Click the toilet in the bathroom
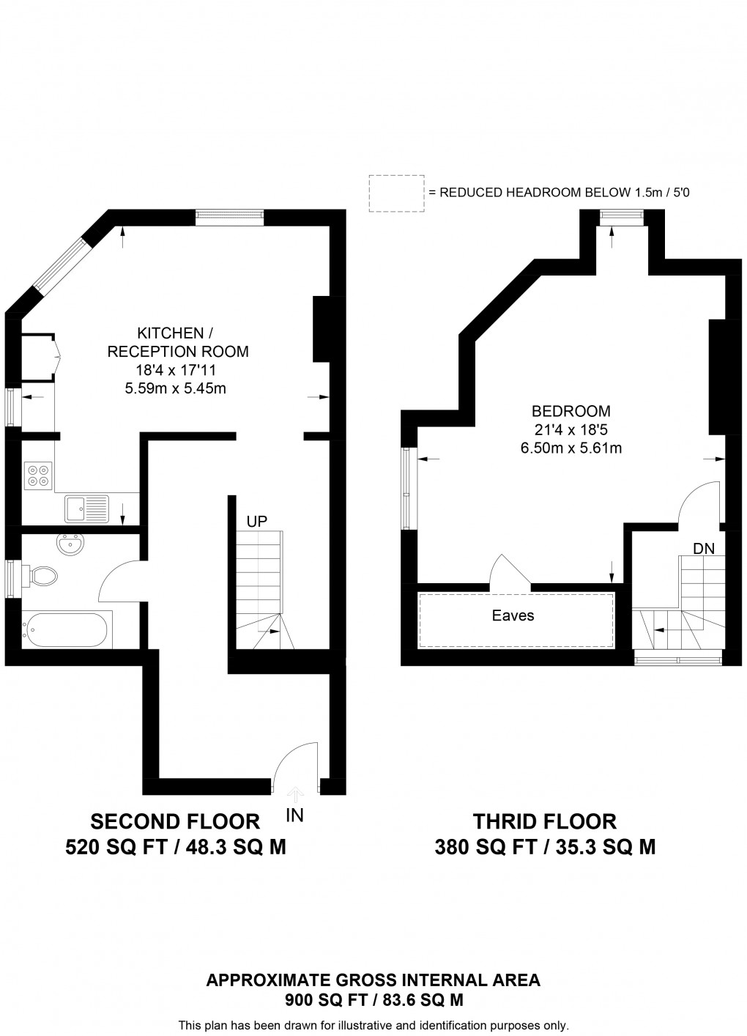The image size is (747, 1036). click(x=42, y=576)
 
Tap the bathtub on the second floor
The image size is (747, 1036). click(x=67, y=629)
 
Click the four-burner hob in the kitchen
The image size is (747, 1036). click(x=38, y=475)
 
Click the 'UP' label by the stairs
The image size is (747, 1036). click(x=256, y=522)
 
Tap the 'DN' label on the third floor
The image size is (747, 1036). click(x=704, y=548)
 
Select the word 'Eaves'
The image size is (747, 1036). click(x=513, y=615)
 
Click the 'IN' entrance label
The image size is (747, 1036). click(x=294, y=815)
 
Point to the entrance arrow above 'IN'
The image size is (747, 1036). click(x=295, y=794)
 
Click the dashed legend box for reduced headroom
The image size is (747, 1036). click(x=396, y=193)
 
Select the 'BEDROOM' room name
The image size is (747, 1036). click(x=571, y=411)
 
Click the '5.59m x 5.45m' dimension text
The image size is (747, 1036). click(x=176, y=389)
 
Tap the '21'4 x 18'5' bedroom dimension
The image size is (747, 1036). click(x=571, y=429)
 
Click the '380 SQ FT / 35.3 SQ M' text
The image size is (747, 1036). click(x=545, y=848)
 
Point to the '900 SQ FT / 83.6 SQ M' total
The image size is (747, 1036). click(x=373, y=999)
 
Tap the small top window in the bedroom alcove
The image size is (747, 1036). click(x=621, y=215)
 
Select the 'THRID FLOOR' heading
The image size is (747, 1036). click(x=545, y=821)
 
